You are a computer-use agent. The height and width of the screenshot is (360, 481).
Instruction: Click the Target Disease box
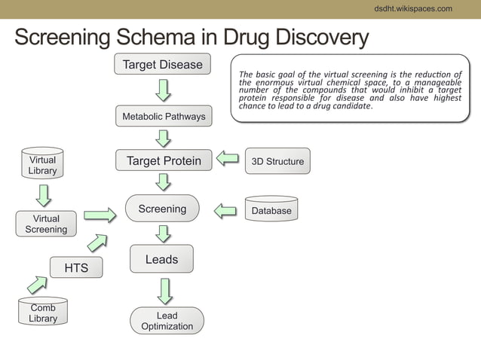pyautogui.click(x=163, y=65)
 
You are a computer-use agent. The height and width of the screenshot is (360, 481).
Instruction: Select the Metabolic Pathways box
pyautogui.click(x=164, y=117)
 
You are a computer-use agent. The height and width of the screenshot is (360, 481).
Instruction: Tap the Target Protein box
pyautogui.click(x=164, y=160)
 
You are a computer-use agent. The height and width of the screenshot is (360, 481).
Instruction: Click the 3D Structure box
pyautogui.click(x=277, y=161)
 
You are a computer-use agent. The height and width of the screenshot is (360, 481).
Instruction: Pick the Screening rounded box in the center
pyautogui.click(x=162, y=209)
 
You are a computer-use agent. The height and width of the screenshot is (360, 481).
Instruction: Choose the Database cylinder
pyautogui.click(x=271, y=209)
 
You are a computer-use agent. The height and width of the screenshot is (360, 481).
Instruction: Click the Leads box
pyautogui.click(x=161, y=259)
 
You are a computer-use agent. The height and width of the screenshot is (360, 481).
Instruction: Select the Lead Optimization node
pyautogui.click(x=167, y=321)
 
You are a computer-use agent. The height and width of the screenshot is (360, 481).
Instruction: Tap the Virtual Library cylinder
pyautogui.click(x=42, y=164)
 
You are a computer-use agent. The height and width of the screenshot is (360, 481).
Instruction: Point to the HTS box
pyautogui.click(x=76, y=267)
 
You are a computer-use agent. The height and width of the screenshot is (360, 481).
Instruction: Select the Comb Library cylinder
pyautogui.click(x=43, y=312)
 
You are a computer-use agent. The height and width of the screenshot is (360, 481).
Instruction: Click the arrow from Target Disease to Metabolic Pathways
pyautogui.click(x=163, y=90)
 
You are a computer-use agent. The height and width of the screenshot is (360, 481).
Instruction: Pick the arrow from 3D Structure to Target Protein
pyautogui.click(x=227, y=159)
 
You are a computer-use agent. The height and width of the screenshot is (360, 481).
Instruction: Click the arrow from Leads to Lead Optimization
pyautogui.click(x=164, y=291)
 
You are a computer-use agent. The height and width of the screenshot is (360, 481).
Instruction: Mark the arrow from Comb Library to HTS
pyautogui.click(x=38, y=285)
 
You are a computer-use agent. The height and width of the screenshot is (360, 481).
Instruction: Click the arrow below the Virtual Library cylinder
pyautogui.click(x=44, y=194)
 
